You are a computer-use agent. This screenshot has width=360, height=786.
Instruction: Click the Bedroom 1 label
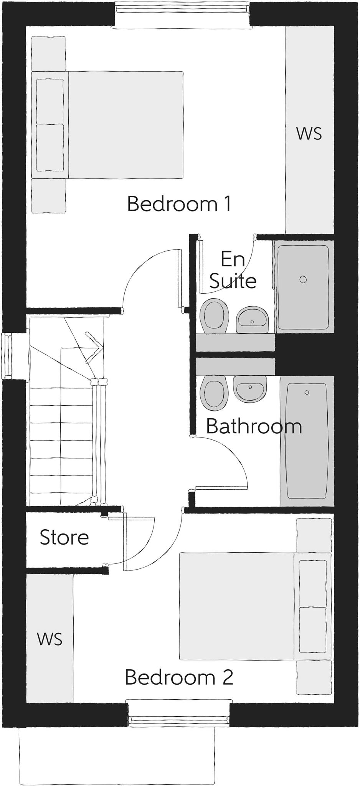179,204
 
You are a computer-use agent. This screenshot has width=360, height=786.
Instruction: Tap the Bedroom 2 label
179,677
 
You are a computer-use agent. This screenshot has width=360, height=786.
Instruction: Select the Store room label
64,537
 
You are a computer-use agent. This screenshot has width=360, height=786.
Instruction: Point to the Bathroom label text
254,426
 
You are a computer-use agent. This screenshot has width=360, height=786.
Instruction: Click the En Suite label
233,270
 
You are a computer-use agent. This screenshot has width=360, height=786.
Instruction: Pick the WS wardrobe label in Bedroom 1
309,134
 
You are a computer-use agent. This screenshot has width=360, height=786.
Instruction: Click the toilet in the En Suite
214,316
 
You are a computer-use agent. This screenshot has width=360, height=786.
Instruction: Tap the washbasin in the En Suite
252,319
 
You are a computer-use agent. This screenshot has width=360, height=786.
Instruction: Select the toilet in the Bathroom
214,391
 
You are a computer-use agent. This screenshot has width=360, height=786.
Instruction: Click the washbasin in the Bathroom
250,389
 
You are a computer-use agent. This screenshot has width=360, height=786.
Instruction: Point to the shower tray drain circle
303,279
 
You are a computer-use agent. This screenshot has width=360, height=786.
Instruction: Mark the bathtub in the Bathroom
307,441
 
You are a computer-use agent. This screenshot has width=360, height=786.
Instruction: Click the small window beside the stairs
7,357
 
